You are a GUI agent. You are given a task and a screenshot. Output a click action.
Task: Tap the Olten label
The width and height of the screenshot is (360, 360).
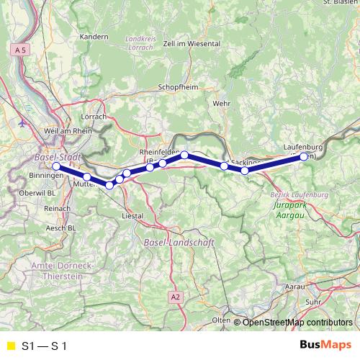[221, 319]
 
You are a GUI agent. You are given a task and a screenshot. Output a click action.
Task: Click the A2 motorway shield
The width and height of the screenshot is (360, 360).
[176, 296]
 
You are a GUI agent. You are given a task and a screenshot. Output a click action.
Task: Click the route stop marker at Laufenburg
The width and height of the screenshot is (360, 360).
[304, 156]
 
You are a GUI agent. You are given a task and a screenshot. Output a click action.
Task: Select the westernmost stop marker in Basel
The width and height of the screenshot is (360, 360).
[56, 166]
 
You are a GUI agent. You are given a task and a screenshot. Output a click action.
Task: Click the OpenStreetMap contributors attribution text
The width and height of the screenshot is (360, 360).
[297, 323]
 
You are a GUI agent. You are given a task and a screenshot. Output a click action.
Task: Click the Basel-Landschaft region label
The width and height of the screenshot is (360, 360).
[180, 243]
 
